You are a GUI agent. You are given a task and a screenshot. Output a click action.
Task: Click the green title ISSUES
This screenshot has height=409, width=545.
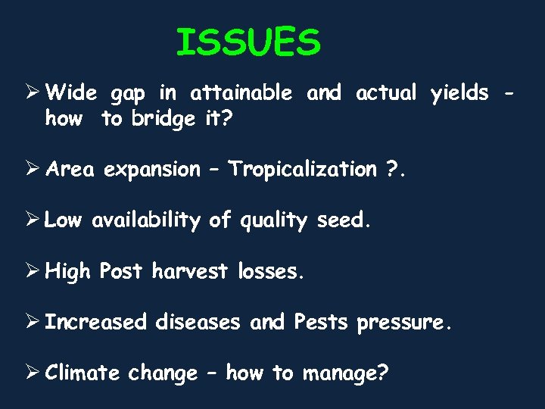248,43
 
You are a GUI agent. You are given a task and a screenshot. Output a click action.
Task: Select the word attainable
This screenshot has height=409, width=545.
241,93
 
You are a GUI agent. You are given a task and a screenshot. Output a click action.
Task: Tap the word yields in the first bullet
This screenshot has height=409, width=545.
459,94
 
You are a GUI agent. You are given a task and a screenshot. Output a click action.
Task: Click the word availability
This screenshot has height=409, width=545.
147,220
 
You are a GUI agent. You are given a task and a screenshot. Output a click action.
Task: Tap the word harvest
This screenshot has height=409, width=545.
190,271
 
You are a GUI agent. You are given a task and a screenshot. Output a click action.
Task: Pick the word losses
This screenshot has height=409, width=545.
270,271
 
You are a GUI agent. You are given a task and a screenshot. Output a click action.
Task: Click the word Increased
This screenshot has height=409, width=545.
95,322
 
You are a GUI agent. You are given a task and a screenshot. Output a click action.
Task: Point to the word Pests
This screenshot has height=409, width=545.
320,322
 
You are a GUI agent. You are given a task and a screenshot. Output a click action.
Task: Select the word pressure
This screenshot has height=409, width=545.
404,323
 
